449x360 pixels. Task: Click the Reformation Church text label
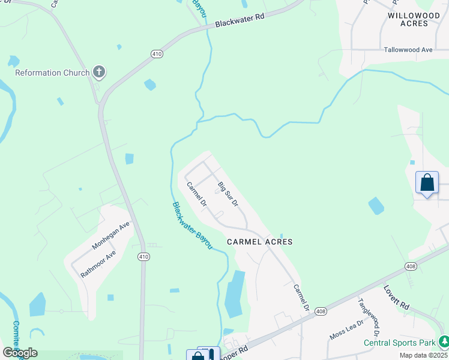(x=52, y=73)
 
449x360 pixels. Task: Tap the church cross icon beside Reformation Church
(x=99, y=73)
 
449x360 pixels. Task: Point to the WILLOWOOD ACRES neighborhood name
(x=417, y=19)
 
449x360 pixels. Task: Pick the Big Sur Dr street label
(x=228, y=194)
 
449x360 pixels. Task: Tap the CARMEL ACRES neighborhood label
(x=260, y=242)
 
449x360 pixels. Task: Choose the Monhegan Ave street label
(x=111, y=236)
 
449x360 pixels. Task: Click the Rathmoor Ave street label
(x=98, y=265)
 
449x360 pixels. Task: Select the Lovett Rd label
(x=396, y=297)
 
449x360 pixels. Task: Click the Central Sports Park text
(x=399, y=343)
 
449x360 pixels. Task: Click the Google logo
(x=20, y=352)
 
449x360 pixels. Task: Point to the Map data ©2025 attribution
(x=423, y=355)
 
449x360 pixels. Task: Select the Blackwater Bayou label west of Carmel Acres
(x=192, y=226)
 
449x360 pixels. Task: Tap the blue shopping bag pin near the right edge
(x=427, y=183)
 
